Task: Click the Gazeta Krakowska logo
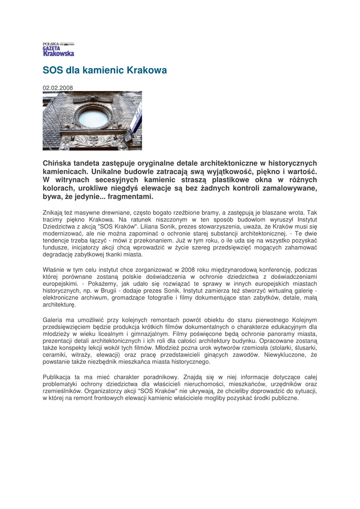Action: (x=58, y=49)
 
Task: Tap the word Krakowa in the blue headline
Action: (x=148, y=71)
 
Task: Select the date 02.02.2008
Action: (x=58, y=88)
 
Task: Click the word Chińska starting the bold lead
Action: (x=58, y=163)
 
